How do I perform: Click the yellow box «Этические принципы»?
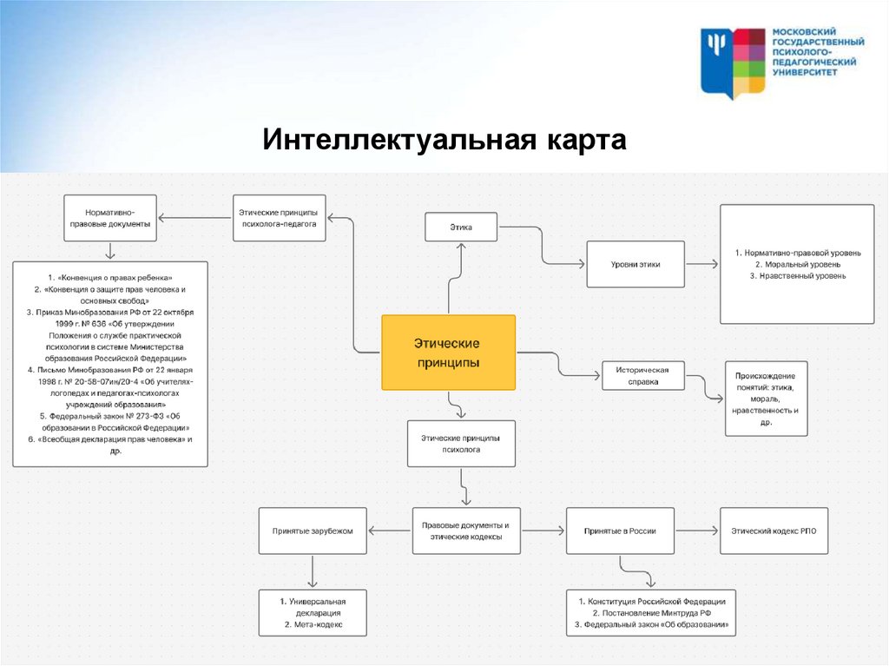(x=448, y=353)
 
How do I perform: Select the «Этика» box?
(x=460, y=227)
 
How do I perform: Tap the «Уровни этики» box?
(x=635, y=264)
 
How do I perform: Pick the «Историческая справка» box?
(x=642, y=374)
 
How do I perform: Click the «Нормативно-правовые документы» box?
(x=110, y=218)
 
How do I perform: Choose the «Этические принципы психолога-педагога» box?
(x=279, y=218)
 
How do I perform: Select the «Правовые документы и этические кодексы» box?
(x=465, y=531)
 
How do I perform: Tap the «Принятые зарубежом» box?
(x=313, y=531)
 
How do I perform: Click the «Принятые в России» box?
(x=620, y=531)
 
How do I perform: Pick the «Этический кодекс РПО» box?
(x=774, y=531)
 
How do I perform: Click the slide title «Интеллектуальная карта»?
(x=444, y=139)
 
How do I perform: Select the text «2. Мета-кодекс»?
(x=313, y=624)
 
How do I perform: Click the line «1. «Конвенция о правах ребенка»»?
(x=110, y=276)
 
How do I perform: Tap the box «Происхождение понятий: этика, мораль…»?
(x=766, y=398)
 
